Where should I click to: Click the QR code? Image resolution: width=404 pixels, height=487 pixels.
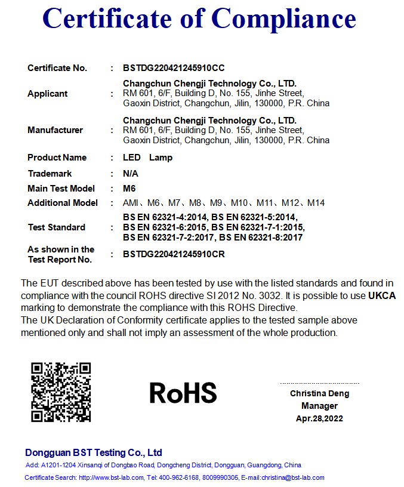61,392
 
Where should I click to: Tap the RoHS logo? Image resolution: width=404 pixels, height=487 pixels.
183,392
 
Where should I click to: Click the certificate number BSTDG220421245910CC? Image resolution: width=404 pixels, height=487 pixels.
174,68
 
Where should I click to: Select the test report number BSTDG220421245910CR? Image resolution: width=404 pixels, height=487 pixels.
174,254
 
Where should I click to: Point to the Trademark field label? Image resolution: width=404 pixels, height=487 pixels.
50,174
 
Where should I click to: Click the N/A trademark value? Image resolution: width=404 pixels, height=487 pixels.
130,174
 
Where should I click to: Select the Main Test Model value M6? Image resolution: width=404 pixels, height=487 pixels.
129,189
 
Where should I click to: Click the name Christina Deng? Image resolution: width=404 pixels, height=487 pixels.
319,393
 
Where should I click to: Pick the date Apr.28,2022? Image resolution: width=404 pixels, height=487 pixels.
319,418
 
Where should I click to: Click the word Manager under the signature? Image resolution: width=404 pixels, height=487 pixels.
319,406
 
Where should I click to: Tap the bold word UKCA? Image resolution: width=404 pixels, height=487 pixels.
382,295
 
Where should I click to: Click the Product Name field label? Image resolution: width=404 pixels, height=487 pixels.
57,158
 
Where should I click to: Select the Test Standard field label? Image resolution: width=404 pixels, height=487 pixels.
56,227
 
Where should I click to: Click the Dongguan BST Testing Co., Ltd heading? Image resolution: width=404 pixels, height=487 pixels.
94,452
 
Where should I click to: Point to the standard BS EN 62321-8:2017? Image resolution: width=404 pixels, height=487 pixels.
261,238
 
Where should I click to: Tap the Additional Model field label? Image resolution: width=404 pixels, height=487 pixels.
63,203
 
